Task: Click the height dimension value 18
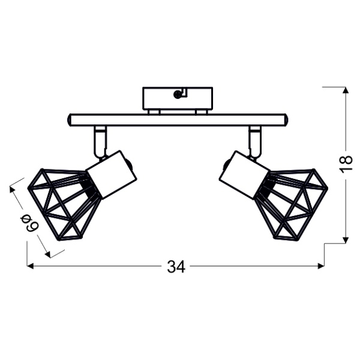(345, 164)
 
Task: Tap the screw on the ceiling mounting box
(177, 94)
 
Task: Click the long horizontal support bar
(178, 120)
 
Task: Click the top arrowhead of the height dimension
(346, 91)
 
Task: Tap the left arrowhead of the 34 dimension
(30, 266)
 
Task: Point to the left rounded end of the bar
(70, 120)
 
